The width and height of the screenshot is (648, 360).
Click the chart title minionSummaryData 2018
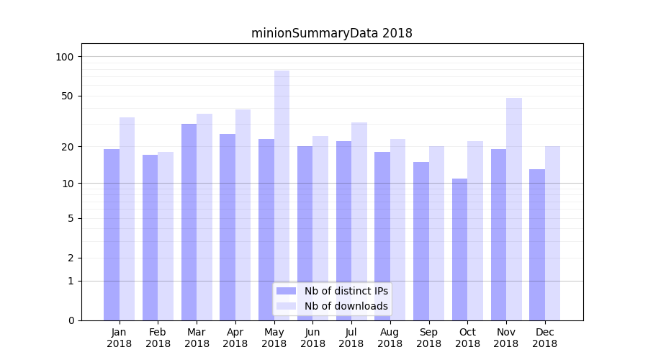click(331, 33)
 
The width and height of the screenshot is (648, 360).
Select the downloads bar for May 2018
click(282, 195)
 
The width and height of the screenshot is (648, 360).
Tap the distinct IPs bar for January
click(112, 235)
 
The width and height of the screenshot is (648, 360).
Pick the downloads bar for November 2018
click(514, 209)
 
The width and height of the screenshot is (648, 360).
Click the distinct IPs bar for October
click(460, 249)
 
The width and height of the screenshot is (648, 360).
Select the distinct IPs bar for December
click(537, 245)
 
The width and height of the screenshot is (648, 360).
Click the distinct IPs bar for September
click(421, 241)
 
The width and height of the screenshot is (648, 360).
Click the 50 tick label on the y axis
click(68, 96)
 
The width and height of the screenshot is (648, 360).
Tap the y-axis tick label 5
click(71, 218)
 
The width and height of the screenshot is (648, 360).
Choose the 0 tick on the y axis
click(71, 320)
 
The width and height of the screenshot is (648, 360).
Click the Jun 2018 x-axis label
click(312, 338)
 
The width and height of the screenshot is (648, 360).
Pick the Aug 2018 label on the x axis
click(390, 338)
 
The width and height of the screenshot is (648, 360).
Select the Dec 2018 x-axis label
click(544, 338)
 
